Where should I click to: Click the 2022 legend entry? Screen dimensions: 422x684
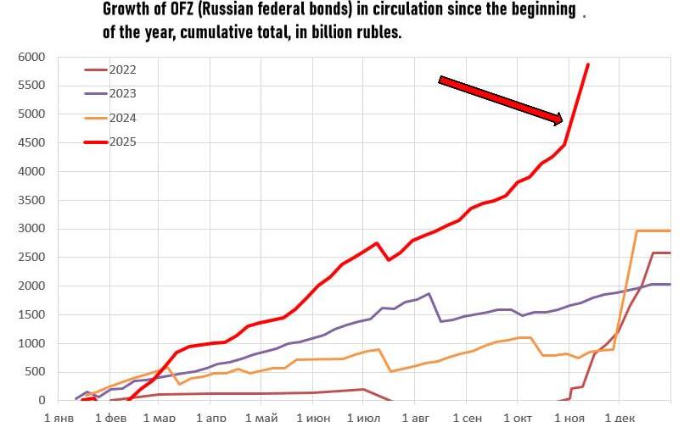point(122,70)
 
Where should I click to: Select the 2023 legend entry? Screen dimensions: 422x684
point(122,94)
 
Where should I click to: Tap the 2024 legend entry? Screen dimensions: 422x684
point(122,118)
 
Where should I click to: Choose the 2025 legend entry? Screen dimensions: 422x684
point(122,142)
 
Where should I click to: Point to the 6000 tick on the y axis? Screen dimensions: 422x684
point(31,57)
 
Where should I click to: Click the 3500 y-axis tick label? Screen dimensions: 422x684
point(31,200)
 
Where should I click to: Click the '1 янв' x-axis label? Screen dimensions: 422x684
point(59,416)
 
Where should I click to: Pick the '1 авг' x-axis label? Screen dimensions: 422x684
point(416,416)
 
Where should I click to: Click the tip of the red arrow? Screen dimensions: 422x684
point(561,121)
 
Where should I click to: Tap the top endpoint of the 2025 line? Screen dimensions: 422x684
point(588,64)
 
